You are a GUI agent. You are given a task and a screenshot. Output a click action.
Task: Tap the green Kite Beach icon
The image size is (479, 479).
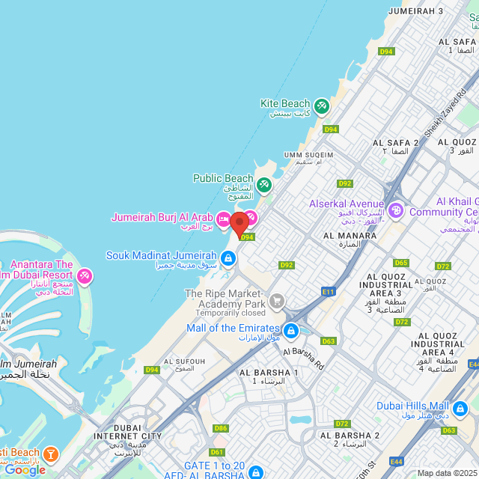click(322, 106)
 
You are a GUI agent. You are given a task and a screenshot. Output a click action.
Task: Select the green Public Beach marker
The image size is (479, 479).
click(264, 184)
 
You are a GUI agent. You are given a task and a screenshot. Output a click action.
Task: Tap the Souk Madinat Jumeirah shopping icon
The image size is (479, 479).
click(228, 259)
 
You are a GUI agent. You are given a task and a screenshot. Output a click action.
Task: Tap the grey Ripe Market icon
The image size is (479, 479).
click(277, 301)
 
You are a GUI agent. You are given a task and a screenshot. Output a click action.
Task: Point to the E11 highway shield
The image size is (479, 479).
click(328, 291)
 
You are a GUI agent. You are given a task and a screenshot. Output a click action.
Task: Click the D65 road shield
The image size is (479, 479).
click(401, 263)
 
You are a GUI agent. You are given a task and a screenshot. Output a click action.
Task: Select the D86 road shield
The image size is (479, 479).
click(220, 428)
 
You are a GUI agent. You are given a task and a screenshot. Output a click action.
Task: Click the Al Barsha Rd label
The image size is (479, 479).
click(303, 359)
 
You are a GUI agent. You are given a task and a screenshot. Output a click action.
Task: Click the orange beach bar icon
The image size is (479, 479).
click(50, 454)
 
